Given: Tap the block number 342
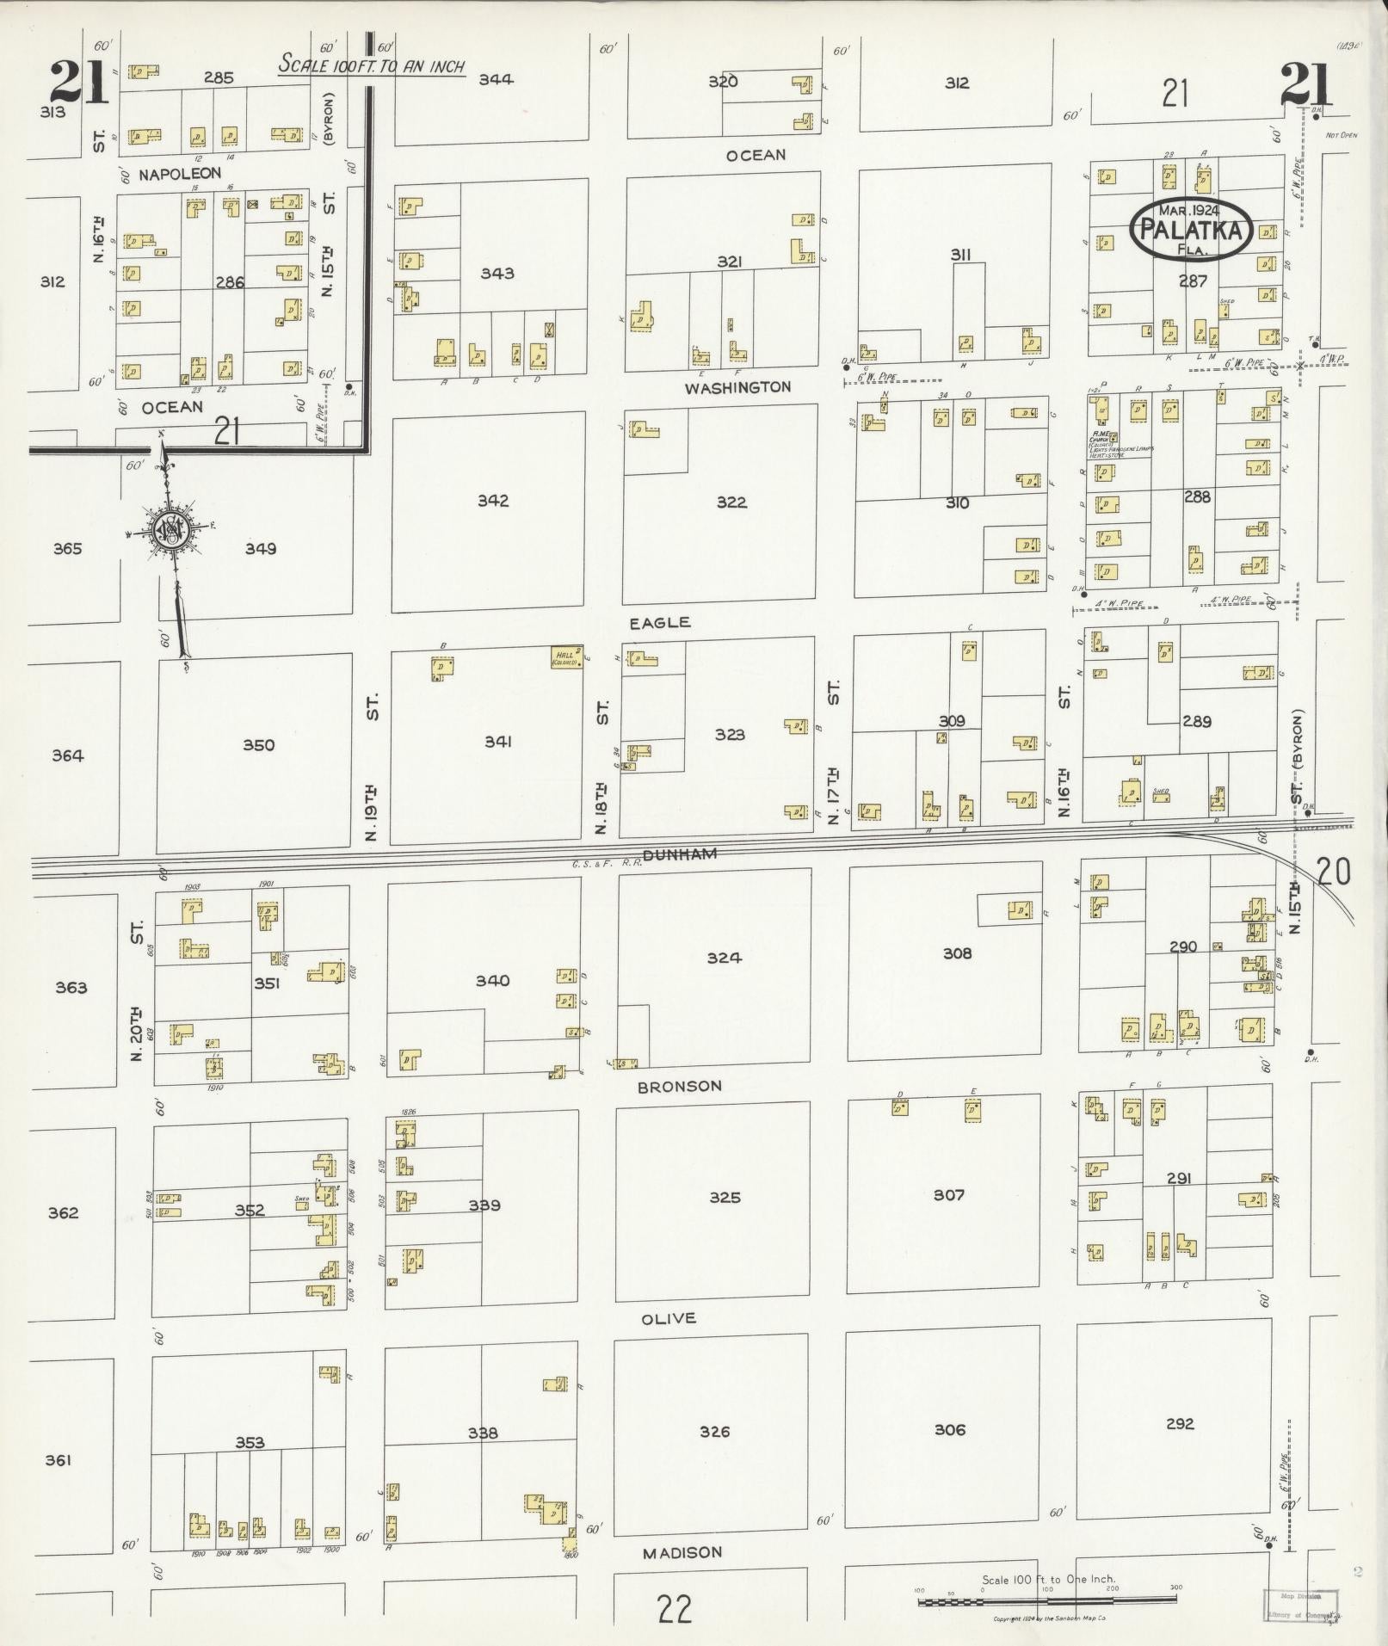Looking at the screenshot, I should pos(493,501).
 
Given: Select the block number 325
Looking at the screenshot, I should pos(725,1197).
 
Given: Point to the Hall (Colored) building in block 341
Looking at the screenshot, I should pos(566,658).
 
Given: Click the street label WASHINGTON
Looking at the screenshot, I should pos(737,387).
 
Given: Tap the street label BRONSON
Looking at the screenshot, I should pos(679,1086).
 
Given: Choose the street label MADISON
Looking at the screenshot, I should pos(682,1552).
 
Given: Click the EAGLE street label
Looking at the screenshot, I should pos(660,622).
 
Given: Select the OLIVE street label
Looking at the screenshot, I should pos(669,1318).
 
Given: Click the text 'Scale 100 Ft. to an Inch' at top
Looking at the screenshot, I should pos(372,65).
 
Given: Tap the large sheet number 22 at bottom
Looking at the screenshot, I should pos(674,1608).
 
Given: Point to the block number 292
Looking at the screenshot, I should pos(1180,1424).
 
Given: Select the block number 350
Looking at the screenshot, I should pos(258,745).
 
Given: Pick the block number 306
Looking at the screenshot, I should pos(949,1429).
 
